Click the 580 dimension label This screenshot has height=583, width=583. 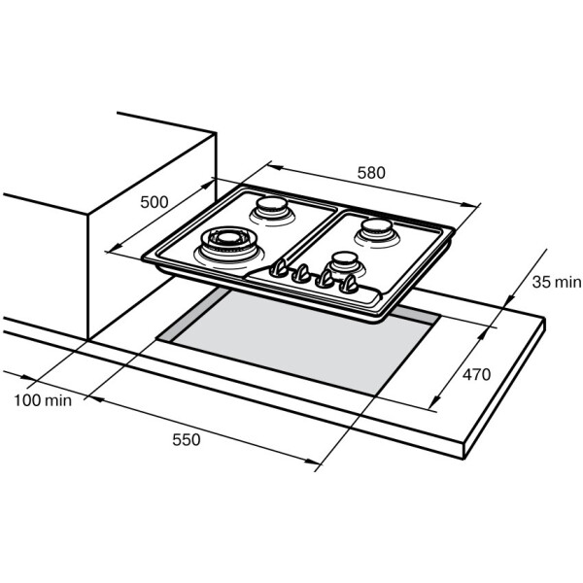coord(371,173)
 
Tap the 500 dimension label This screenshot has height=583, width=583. coord(154,202)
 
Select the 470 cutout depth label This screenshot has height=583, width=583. coord(476,374)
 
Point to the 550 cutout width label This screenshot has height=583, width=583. coord(187,439)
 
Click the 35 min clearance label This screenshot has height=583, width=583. coord(556,282)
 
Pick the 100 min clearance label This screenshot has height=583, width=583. coord(43,400)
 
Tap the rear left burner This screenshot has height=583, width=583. coord(273,211)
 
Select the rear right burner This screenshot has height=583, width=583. coord(377,233)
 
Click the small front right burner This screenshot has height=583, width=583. coord(344,264)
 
